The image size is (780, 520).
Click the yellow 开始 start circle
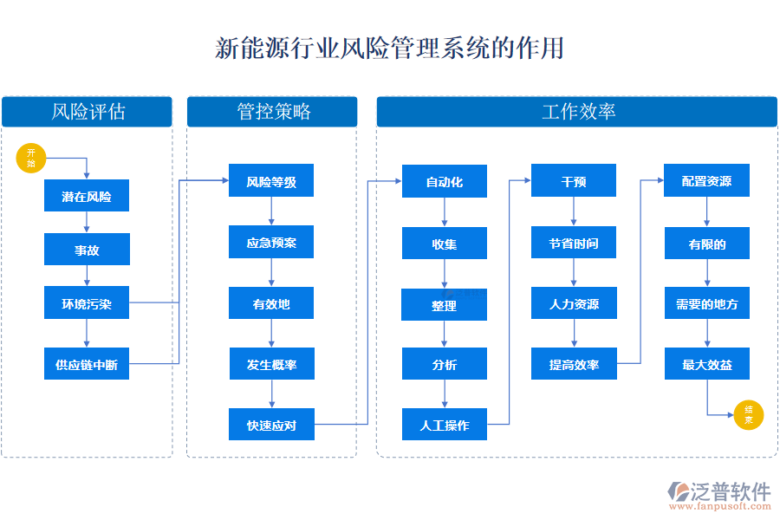30,159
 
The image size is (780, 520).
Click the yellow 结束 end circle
748,415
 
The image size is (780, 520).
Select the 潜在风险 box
87,197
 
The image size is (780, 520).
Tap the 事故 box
87,250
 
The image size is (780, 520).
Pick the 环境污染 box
87,304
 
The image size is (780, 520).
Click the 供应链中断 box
87,365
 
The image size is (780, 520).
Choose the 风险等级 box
271,182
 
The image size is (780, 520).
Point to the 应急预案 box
271,243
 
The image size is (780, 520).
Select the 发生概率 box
271,365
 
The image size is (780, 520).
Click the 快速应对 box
271,425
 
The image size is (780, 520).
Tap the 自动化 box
445,182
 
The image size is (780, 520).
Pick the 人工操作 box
445,425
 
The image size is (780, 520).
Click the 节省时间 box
574,243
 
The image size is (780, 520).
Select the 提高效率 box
574,365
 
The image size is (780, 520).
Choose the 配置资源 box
706,182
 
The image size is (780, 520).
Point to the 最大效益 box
706,365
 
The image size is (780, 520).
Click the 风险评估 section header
87,112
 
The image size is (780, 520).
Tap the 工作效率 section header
577,112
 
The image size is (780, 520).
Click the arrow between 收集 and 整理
445,275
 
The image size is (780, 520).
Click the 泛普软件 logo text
730,491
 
